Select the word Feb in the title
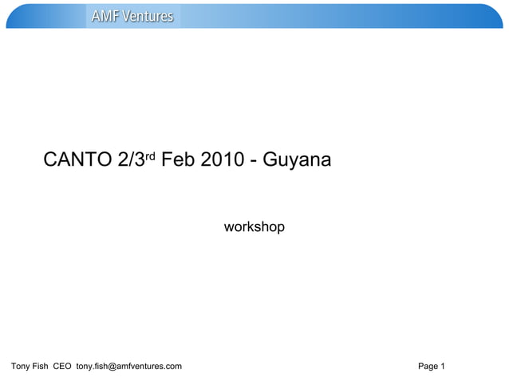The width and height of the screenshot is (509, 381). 177,160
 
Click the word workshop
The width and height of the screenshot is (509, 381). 254,228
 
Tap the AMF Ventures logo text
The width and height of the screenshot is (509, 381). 132,16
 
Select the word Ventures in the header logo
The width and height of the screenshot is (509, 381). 148,16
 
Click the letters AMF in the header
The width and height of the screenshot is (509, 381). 105,16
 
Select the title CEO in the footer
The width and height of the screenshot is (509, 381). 63,367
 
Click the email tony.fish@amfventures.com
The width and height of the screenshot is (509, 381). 128,367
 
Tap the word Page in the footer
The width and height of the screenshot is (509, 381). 428,367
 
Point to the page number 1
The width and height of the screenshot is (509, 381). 443,367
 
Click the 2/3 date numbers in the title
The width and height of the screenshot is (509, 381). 129,160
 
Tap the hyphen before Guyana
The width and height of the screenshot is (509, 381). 253,161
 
